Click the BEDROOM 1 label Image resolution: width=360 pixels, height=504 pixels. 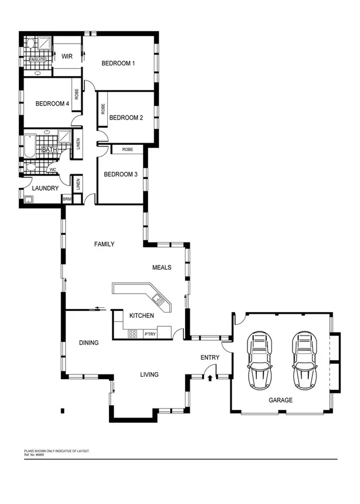click(x=118, y=63)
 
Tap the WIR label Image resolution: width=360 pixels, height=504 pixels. click(x=67, y=57)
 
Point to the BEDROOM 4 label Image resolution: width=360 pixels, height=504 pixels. click(x=52, y=104)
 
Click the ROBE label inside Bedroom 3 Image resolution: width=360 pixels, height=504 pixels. click(x=127, y=150)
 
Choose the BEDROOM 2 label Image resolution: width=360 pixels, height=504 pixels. click(x=126, y=117)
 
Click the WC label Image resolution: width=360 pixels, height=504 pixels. click(x=52, y=170)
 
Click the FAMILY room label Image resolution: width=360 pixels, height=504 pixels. click(x=104, y=244)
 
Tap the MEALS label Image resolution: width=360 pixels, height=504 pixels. click(x=161, y=267)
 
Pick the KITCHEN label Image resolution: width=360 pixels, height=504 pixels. click(x=142, y=316)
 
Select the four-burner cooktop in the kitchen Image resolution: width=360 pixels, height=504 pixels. click(x=133, y=334)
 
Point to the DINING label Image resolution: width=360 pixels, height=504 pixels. click(x=88, y=342)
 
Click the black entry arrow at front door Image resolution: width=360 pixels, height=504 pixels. click(x=210, y=377)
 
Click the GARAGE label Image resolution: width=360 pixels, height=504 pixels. click(x=280, y=400)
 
